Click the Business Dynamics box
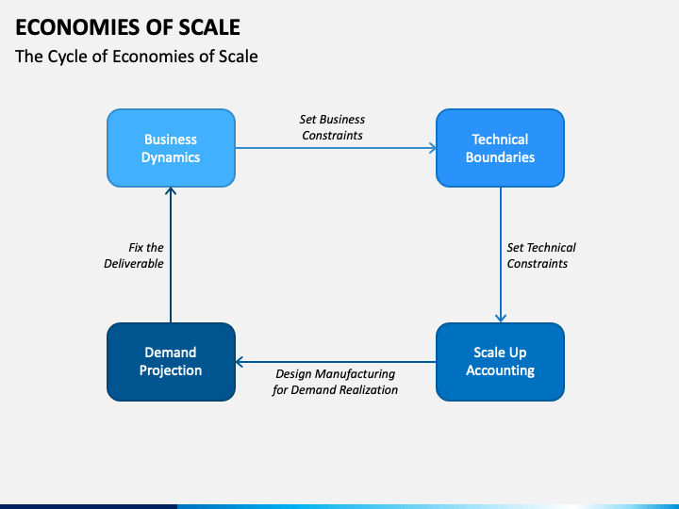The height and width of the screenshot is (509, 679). pyautogui.click(x=171, y=148)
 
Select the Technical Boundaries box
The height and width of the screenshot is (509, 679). pyautogui.click(x=500, y=148)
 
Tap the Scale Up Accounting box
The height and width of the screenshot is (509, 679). pyautogui.click(x=500, y=362)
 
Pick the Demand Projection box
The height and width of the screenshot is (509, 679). pyautogui.click(x=171, y=362)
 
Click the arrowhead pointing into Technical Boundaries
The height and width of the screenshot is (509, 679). pyautogui.click(x=433, y=148)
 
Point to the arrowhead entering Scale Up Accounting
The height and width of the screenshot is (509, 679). pyautogui.click(x=501, y=319)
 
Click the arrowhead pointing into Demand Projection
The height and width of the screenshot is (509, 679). pyautogui.click(x=240, y=362)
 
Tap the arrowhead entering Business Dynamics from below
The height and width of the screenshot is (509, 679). pyautogui.click(x=171, y=191)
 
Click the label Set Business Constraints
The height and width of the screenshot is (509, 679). pyautogui.click(x=332, y=127)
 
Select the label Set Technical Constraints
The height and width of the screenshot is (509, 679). pyautogui.click(x=541, y=255)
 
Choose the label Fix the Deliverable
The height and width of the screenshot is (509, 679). pyautogui.click(x=134, y=255)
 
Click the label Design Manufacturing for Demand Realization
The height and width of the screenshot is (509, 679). pyautogui.click(x=335, y=382)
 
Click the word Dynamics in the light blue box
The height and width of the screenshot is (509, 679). pyautogui.click(x=171, y=157)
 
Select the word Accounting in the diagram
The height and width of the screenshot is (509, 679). pyautogui.click(x=500, y=370)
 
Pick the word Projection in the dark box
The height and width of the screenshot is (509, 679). pyautogui.click(x=171, y=370)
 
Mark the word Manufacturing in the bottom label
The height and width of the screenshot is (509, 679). pyautogui.click(x=355, y=373)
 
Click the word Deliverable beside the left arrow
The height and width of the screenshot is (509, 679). pyautogui.click(x=134, y=263)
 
